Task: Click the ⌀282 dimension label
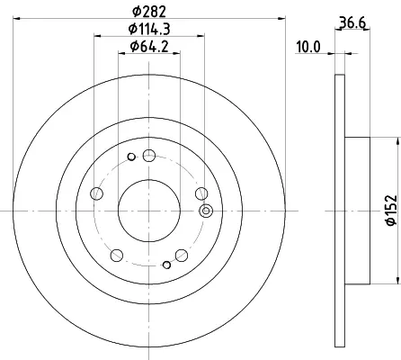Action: (x=149, y=12)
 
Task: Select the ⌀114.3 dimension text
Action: (x=149, y=29)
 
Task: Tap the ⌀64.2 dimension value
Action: (x=149, y=47)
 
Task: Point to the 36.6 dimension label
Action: (x=352, y=22)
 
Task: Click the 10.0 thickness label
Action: (x=308, y=47)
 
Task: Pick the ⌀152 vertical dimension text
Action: (x=391, y=210)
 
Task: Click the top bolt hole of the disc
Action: (x=149, y=156)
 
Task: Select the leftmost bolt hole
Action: (x=96, y=193)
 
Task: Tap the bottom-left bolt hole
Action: (x=117, y=256)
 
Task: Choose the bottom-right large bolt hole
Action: (x=182, y=256)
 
